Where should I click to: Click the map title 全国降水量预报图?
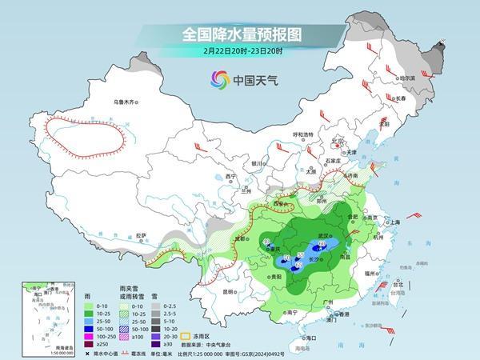tap(239, 34)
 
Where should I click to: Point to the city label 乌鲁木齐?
tap(126, 102)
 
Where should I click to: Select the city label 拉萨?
tap(142, 235)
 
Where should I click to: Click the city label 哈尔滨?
tap(407, 79)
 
